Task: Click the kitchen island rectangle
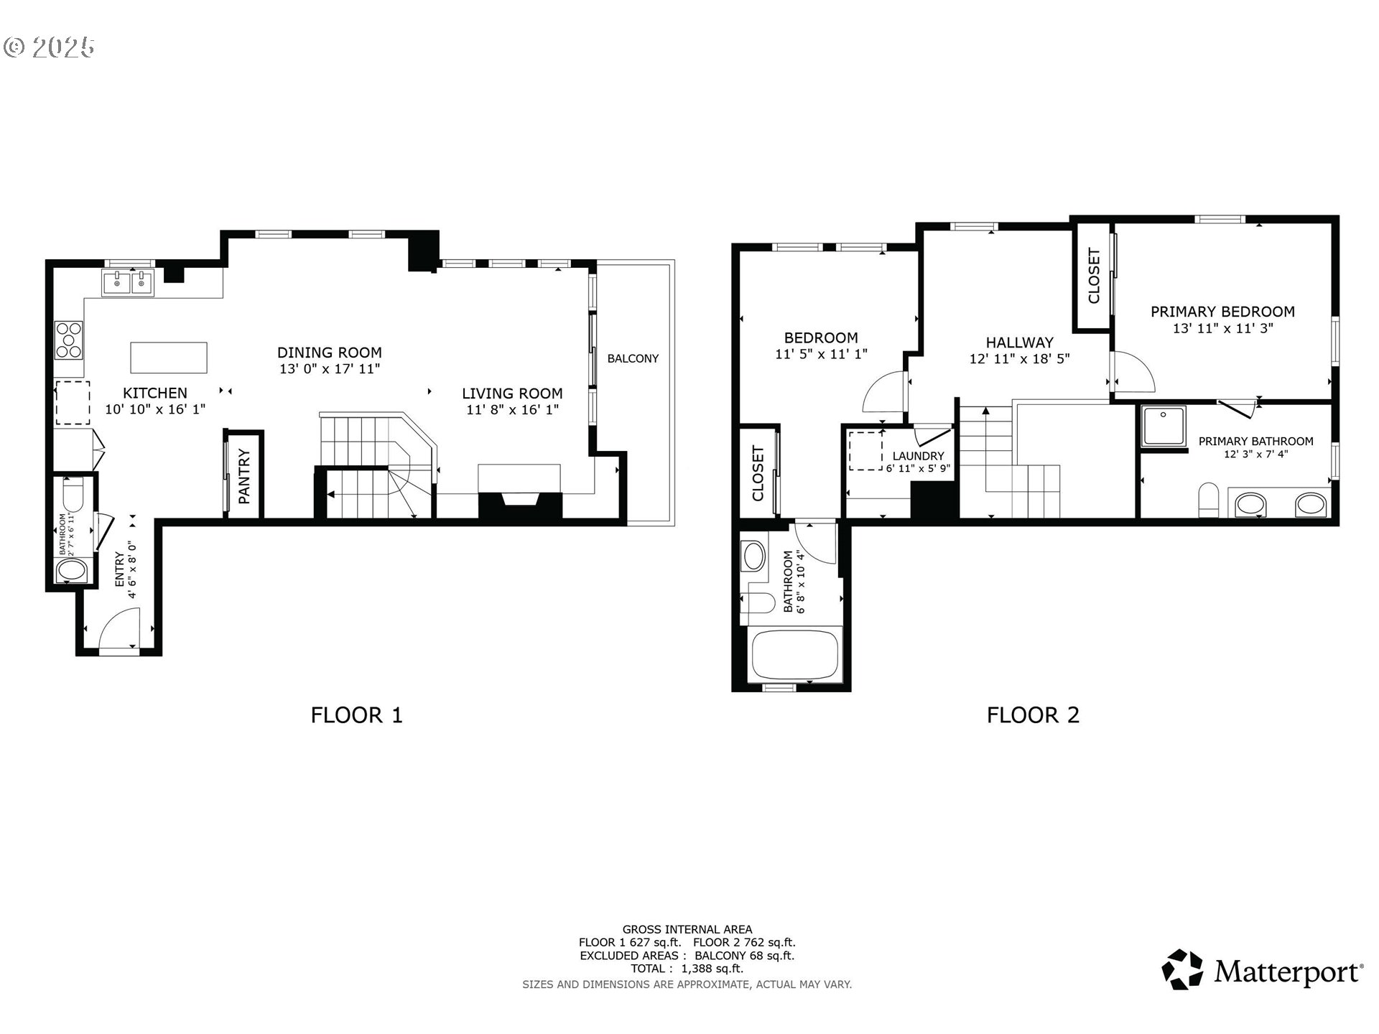tap(169, 358)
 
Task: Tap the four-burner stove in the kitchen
tap(69, 340)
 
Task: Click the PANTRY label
tap(244, 476)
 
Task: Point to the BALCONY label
tap(633, 358)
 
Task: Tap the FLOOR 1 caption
tap(357, 715)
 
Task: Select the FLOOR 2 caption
tap(1033, 715)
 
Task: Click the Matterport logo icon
tap(1182, 969)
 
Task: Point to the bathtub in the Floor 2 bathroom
tap(796, 656)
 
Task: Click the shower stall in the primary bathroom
tap(1165, 427)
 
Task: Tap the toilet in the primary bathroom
tap(1209, 500)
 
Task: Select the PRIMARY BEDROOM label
tap(1222, 312)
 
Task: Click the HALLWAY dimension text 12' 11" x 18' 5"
tap(1019, 359)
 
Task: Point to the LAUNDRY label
tap(918, 456)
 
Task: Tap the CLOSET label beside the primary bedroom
tap(1094, 276)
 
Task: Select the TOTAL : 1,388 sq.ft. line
tap(687, 969)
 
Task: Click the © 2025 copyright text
tap(49, 47)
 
